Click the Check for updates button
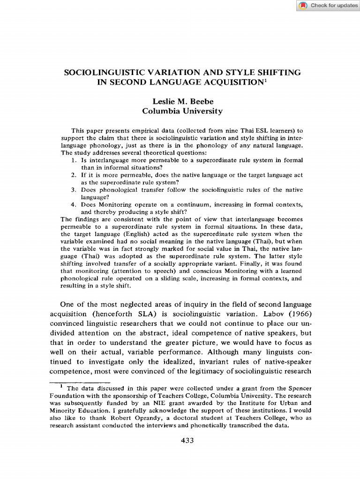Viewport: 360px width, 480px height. pos(328,6)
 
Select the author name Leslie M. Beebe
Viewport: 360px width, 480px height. pos(182,101)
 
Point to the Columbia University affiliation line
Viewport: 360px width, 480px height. pos(182,111)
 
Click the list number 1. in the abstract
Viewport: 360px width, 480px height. pos(74,160)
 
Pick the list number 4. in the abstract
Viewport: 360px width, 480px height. pos(74,205)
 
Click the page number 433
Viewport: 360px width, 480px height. pos(187,440)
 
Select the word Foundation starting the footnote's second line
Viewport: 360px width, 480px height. pos(67,396)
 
